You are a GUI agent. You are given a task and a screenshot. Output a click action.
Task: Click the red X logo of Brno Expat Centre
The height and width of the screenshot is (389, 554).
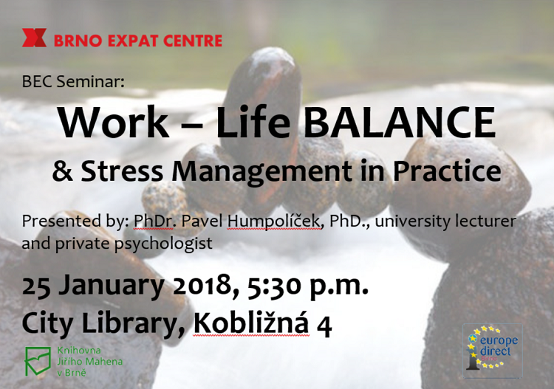point(34,38)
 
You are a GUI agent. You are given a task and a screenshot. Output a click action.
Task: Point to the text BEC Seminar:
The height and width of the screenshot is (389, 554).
point(73,81)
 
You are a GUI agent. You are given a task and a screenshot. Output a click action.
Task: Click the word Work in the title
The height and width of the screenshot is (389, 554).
point(114,122)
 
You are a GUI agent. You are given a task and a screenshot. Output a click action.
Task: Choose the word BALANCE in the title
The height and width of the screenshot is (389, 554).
point(399,122)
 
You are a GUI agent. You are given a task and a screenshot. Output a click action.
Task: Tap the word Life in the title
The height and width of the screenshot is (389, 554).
point(253,122)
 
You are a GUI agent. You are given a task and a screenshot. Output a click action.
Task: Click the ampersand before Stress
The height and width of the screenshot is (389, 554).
point(63,171)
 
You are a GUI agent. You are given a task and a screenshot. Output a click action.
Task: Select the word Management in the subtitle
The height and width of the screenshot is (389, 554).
point(261,172)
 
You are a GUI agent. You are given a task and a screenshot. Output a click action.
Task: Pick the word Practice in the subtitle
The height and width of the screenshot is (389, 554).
point(447,171)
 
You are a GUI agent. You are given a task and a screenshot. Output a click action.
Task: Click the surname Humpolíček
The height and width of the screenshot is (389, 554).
point(274,221)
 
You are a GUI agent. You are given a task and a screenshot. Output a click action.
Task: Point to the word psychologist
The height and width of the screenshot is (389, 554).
point(163,244)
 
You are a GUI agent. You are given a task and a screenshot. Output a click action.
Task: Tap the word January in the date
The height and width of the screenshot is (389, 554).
point(112,286)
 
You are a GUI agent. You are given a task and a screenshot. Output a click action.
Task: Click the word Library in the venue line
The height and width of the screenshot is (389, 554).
point(136,324)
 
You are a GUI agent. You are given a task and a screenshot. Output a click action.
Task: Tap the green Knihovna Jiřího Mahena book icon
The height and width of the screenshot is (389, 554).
point(38,361)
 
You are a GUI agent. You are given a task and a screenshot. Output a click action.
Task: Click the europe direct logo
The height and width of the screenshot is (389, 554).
point(493,351)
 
